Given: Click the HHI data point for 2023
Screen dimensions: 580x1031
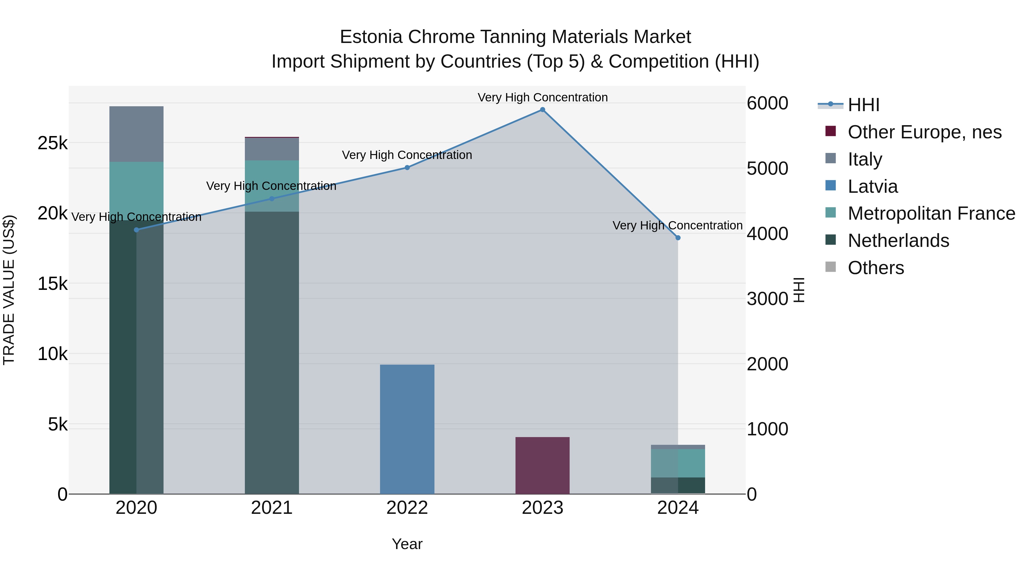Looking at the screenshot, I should click(542, 110).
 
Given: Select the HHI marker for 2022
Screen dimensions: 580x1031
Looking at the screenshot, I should click(407, 168).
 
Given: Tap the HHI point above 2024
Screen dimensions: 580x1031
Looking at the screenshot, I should click(678, 238).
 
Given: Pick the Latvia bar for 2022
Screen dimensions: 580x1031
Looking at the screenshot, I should click(407, 428).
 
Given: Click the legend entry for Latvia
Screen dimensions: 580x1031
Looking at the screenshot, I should click(873, 186).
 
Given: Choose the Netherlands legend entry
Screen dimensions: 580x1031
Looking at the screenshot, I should click(898, 241).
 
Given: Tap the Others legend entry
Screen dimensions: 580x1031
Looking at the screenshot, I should click(876, 268).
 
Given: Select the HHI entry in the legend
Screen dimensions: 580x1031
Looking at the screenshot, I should click(863, 105).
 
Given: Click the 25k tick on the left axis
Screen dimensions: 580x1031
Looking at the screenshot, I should click(52, 143).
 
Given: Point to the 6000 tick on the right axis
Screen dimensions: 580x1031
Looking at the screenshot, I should click(767, 103).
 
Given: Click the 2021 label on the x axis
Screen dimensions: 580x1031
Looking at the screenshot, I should click(272, 508).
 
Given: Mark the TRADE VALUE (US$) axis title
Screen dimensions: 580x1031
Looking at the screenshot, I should click(9, 290).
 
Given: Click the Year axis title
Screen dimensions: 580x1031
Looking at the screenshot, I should click(407, 544).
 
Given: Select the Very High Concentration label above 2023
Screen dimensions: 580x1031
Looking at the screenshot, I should click(542, 97).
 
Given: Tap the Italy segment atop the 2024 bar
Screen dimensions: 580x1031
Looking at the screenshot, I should click(678, 447).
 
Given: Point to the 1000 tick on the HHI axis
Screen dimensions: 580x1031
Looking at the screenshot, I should click(767, 429).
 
